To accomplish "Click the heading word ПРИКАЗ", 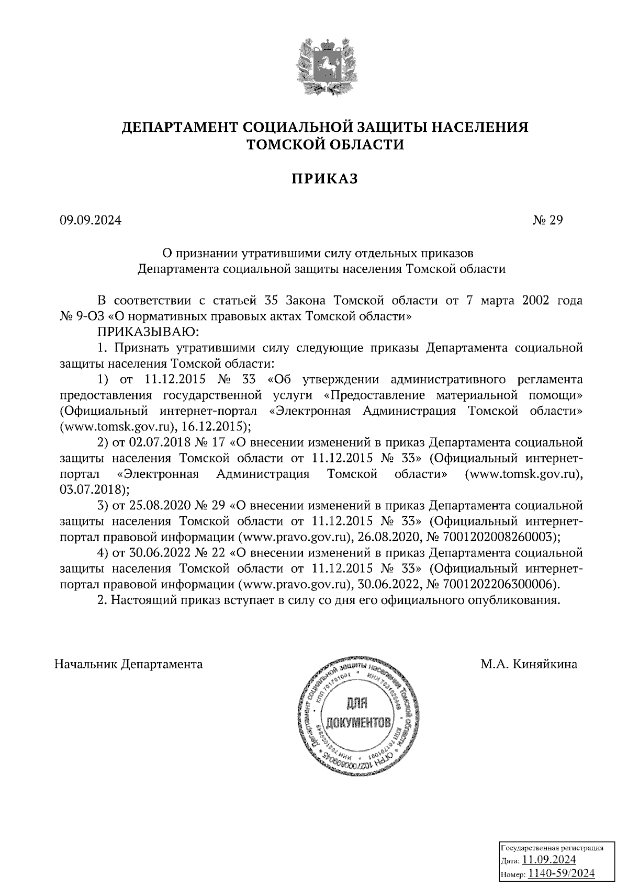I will click(x=324, y=179).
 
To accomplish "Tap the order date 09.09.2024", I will click(x=91, y=221).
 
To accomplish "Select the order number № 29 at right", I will click(x=547, y=221).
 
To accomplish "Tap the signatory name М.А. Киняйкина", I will click(x=530, y=664).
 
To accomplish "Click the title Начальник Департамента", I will click(x=129, y=664).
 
